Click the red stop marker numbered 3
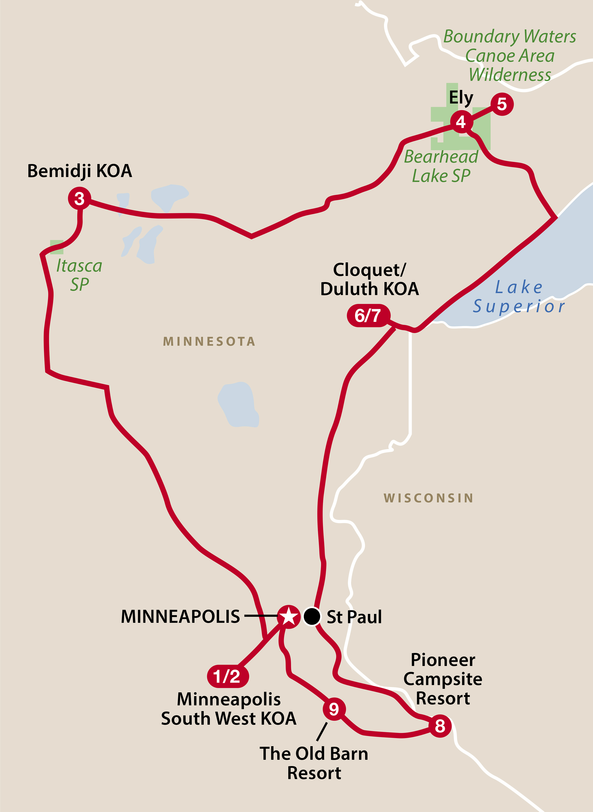click(x=79, y=198)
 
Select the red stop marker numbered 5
click(x=502, y=104)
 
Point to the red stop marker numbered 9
click(x=334, y=709)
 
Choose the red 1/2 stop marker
click(x=228, y=676)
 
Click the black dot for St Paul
click(x=312, y=617)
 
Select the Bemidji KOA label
click(x=80, y=171)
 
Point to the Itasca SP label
click(x=79, y=275)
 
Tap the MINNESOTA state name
click(x=209, y=341)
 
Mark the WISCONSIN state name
click(x=428, y=498)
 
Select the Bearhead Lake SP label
click(x=441, y=166)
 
